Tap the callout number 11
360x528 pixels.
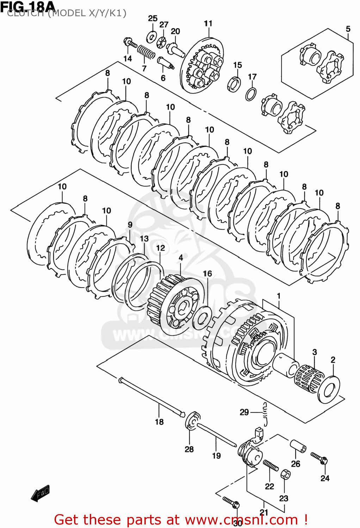(x=208, y=24)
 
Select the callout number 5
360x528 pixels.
(x=348, y=29)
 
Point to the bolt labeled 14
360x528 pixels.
(x=130, y=43)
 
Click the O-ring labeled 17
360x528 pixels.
(x=251, y=94)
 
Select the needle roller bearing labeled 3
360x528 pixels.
(x=308, y=378)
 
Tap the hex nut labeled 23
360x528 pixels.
(x=285, y=474)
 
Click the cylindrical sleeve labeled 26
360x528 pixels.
(x=298, y=445)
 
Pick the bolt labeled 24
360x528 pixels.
(x=319, y=458)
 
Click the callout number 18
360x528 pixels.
(x=159, y=422)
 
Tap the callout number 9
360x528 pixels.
(x=130, y=225)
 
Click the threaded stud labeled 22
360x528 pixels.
(x=271, y=465)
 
